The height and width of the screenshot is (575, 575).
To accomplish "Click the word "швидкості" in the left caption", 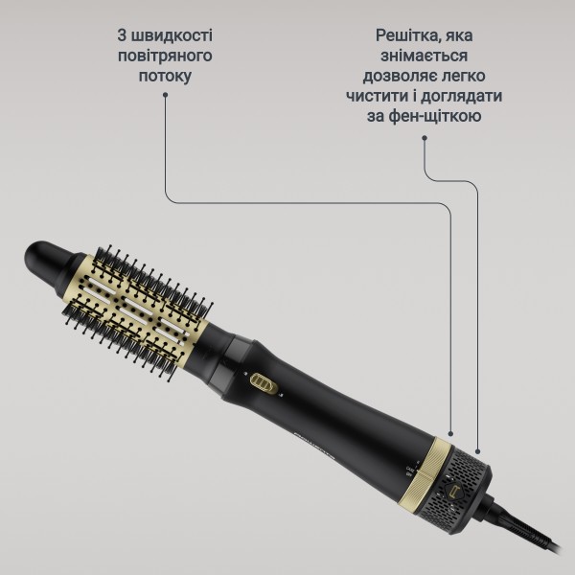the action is pyautogui.click(x=172, y=35).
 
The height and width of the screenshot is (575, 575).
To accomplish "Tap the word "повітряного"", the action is pyautogui.click(x=165, y=57).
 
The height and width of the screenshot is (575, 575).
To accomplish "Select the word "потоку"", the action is pyautogui.click(x=165, y=77).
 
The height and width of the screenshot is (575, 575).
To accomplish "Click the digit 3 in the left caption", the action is pyautogui.click(x=122, y=35).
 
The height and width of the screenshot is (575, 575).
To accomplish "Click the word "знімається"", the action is pyautogui.click(x=424, y=57).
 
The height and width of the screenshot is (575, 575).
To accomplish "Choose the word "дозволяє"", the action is pyautogui.click(x=400, y=77).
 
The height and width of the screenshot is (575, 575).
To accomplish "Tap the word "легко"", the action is pyautogui.click(x=463, y=77).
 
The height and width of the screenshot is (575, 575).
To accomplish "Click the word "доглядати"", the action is pyautogui.click(x=461, y=97).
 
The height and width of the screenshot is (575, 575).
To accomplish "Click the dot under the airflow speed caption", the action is pyautogui.click(x=166, y=95).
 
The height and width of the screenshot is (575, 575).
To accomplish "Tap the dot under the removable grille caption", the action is pyautogui.click(x=425, y=138).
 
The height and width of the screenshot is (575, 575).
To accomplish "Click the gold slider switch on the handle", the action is pyautogui.click(x=264, y=384).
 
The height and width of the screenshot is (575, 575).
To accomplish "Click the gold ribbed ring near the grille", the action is pyautogui.click(x=428, y=474).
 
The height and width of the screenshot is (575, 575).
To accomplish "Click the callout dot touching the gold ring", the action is pyautogui.click(x=450, y=434).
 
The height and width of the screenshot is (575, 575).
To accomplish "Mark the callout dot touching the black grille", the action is pyautogui.click(x=477, y=451).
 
